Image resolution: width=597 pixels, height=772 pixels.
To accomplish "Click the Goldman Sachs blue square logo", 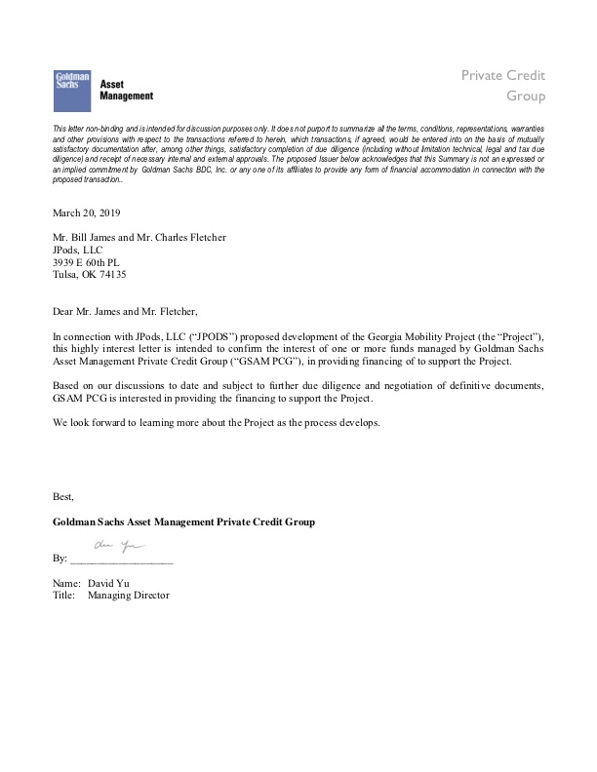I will pos(71,89).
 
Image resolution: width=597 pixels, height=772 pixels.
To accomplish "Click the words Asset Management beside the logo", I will pos(127,90).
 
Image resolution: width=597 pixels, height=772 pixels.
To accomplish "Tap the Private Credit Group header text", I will pos(503,86).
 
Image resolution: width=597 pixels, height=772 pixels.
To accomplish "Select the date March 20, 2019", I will pos(88,212).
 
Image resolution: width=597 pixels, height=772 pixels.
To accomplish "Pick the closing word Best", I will pos(63,496).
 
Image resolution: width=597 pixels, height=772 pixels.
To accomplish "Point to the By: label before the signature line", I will pos(60,559).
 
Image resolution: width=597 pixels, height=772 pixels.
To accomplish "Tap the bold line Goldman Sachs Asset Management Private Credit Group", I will pos(183,522).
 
